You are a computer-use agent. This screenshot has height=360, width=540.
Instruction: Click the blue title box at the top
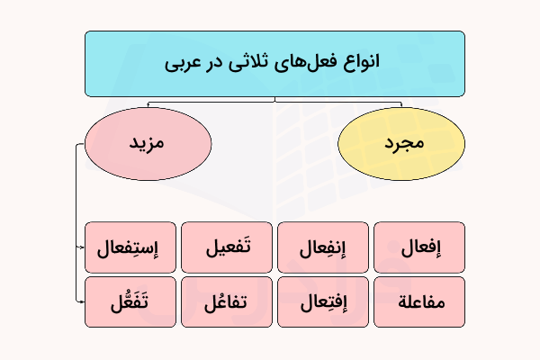click(x=274, y=63)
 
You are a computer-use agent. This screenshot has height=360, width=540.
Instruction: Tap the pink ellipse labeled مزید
click(x=148, y=144)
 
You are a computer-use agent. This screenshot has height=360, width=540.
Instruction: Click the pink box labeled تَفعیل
click(x=227, y=247)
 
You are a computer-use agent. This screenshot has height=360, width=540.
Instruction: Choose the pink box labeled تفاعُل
click(x=227, y=302)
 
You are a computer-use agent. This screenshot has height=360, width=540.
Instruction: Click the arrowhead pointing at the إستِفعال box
click(x=81, y=247)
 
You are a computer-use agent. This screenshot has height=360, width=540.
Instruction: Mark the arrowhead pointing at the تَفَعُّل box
click(x=81, y=302)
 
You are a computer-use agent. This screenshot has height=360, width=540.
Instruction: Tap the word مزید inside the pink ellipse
click(x=148, y=144)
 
